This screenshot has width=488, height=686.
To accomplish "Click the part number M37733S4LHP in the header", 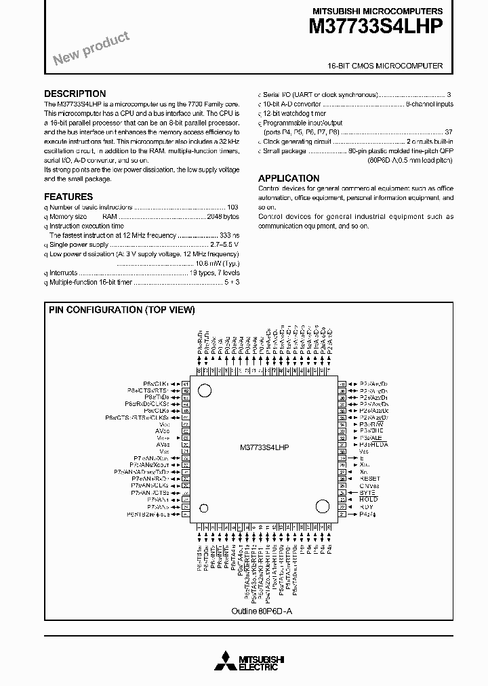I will (376, 27).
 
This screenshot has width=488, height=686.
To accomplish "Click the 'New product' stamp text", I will (91, 49).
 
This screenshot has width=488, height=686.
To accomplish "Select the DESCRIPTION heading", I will (75, 94).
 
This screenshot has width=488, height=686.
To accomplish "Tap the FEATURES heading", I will (68, 197).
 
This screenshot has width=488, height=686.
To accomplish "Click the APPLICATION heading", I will (289, 178).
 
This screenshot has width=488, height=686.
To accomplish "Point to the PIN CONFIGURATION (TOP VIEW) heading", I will (122, 310).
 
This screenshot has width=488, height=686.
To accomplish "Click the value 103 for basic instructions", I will (232, 207).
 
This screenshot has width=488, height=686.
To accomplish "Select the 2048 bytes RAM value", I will (223, 216).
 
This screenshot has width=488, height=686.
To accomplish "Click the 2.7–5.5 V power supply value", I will (224, 244).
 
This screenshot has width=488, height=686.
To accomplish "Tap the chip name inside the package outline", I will (264, 448).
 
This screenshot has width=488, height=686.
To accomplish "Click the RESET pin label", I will (370, 479).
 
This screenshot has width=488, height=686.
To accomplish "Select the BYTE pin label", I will (367, 493).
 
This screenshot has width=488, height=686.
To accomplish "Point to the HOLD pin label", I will (369, 500).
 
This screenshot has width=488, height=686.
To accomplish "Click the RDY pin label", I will (367, 507).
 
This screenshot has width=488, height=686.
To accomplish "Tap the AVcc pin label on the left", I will (163, 430).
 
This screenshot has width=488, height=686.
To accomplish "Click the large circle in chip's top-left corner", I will (204, 390).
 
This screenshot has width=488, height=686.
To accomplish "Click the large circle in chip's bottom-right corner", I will (320, 506).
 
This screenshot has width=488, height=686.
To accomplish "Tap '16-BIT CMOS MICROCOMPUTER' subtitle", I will (385, 66).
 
